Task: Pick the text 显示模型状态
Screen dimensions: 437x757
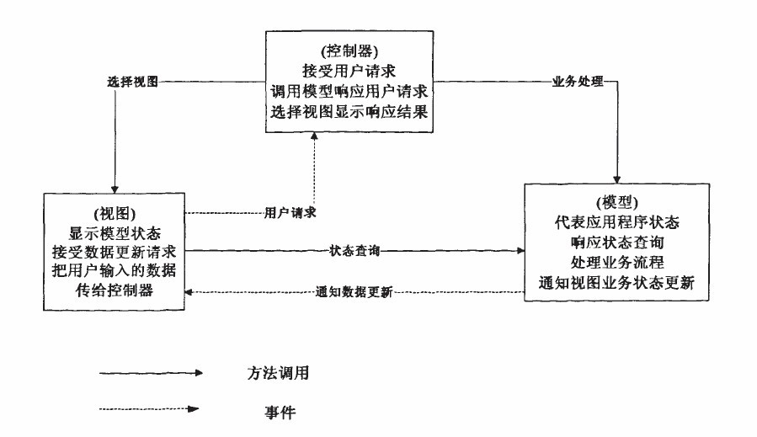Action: [112, 232]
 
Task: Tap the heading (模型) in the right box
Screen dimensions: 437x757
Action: [616, 203]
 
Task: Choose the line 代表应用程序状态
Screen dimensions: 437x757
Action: [616, 223]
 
